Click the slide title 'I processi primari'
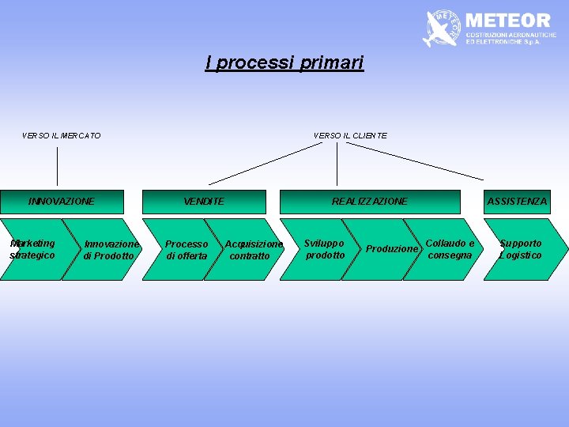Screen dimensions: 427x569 (284, 63)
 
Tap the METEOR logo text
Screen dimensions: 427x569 (508, 20)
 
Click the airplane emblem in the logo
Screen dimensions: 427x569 (442, 29)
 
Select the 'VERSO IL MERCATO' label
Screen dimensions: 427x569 (62, 136)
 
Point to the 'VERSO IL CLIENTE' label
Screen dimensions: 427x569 (350, 136)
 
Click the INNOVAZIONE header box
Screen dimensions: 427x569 (62, 202)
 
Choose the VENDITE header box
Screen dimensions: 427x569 (204, 202)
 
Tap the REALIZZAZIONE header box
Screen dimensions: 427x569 (370, 202)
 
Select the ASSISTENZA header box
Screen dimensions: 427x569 (517, 202)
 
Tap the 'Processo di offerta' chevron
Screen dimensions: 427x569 (187, 250)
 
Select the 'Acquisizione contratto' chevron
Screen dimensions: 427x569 (250, 250)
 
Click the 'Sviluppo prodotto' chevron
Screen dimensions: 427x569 (325, 249)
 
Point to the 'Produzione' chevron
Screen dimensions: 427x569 (390, 249)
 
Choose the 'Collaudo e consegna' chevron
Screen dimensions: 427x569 (450, 249)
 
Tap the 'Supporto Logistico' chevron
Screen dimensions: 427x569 (521, 249)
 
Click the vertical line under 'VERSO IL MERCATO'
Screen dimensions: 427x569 (58, 166)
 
